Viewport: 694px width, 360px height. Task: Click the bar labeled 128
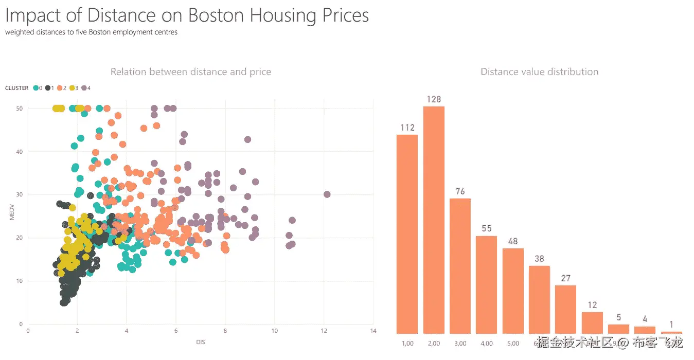[434, 220]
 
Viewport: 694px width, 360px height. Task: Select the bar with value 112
[407, 234]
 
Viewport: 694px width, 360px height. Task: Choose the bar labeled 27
[565, 309]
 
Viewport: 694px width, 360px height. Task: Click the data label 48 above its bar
[513, 241]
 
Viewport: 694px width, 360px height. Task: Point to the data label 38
[539, 259]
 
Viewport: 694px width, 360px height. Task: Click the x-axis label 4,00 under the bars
[486, 344]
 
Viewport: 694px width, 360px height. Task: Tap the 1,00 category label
[407, 344]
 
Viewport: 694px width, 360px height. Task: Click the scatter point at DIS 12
[327, 194]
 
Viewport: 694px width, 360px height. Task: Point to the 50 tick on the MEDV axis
[18, 109]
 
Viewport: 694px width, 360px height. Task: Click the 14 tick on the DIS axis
[373, 331]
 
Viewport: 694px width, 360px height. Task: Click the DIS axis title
[201, 342]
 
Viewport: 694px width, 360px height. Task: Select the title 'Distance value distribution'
[539, 72]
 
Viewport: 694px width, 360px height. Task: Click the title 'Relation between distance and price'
[191, 72]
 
